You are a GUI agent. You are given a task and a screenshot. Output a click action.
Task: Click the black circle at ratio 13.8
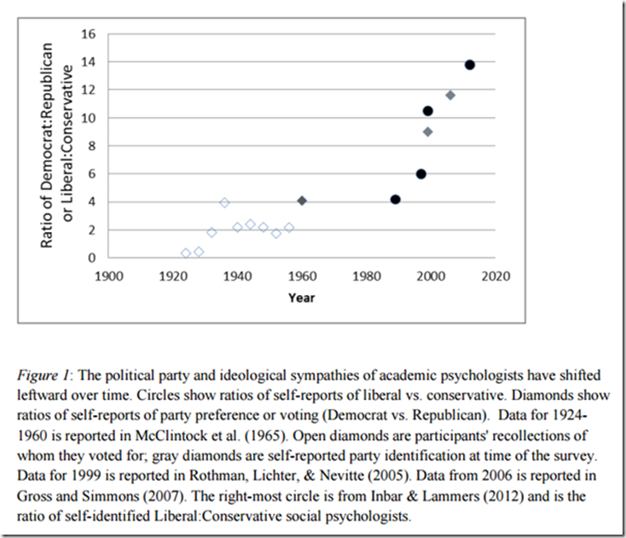click(x=469, y=65)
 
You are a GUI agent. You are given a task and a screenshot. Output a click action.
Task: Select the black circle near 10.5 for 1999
click(x=427, y=111)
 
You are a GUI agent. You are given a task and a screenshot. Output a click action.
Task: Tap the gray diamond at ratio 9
click(x=427, y=131)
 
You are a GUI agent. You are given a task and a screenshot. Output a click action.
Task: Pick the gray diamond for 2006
click(x=450, y=95)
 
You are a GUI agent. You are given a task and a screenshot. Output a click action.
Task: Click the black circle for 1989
click(x=395, y=200)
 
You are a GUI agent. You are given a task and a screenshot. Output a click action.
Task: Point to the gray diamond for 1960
click(x=302, y=200)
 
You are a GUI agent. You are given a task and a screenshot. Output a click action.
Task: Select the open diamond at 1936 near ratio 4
click(x=224, y=203)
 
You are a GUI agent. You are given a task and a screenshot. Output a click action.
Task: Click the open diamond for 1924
click(x=186, y=253)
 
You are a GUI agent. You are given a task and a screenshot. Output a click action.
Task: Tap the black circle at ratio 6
click(x=420, y=174)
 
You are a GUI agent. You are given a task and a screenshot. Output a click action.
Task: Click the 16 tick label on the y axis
click(x=89, y=34)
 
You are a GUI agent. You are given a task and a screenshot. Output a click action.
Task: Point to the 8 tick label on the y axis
click(x=92, y=146)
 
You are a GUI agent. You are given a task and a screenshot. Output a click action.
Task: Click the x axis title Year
click(x=301, y=298)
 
